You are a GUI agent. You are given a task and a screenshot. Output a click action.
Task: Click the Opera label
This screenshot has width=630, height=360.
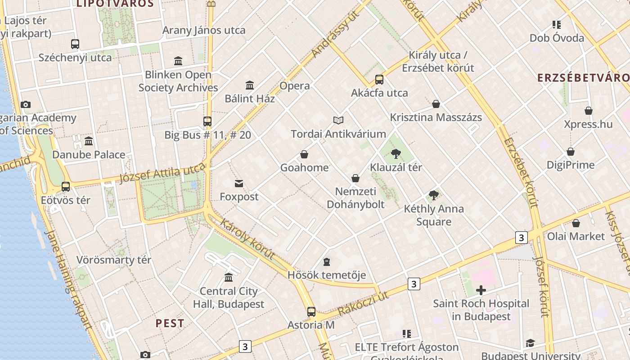pos(295,85)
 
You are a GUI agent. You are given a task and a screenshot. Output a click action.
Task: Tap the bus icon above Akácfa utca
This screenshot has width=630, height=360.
pos(379,80)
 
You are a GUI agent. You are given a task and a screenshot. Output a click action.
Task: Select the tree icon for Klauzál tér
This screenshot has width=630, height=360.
pos(396,154)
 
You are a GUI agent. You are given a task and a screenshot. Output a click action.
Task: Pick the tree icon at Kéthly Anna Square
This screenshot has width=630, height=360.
pos(434,195)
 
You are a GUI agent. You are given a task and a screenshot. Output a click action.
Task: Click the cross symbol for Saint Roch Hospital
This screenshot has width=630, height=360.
pos(481,290)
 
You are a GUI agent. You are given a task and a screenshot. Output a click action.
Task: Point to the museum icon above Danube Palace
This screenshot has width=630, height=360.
pos(89,141)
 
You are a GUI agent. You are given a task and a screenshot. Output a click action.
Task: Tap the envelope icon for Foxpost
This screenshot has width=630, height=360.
pos(239,184)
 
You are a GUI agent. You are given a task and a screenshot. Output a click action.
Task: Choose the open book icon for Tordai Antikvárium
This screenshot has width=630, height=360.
pos(338,120)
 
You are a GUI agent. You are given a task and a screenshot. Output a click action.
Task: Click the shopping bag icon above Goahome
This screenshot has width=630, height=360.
pos(304,154)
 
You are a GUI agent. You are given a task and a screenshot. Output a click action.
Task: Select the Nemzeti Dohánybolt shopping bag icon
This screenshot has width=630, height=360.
pos(355,178)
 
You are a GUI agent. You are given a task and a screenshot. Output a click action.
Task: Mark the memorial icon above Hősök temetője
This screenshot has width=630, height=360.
pos(327,262)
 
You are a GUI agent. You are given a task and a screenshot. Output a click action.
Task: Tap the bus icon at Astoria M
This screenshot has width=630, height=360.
pos(311,311)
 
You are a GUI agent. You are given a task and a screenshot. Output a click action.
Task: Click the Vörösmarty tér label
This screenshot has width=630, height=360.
pos(114,260)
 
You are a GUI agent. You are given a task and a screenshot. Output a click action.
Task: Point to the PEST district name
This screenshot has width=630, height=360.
pos(170,323)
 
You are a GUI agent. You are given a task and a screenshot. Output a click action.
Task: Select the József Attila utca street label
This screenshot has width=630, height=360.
pos(162,173)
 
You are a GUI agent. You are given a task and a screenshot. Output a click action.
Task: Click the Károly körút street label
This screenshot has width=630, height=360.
pos(247,239)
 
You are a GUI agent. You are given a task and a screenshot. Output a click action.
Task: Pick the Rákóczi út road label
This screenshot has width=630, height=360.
pos(363,303)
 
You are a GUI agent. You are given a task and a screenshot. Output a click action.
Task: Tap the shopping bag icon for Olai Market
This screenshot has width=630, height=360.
pos(576,223)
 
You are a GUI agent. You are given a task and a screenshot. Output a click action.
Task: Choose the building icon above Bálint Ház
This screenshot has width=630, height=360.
pos(250,85)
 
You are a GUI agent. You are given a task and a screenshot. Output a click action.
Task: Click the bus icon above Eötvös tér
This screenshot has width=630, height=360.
pos(66,187)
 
